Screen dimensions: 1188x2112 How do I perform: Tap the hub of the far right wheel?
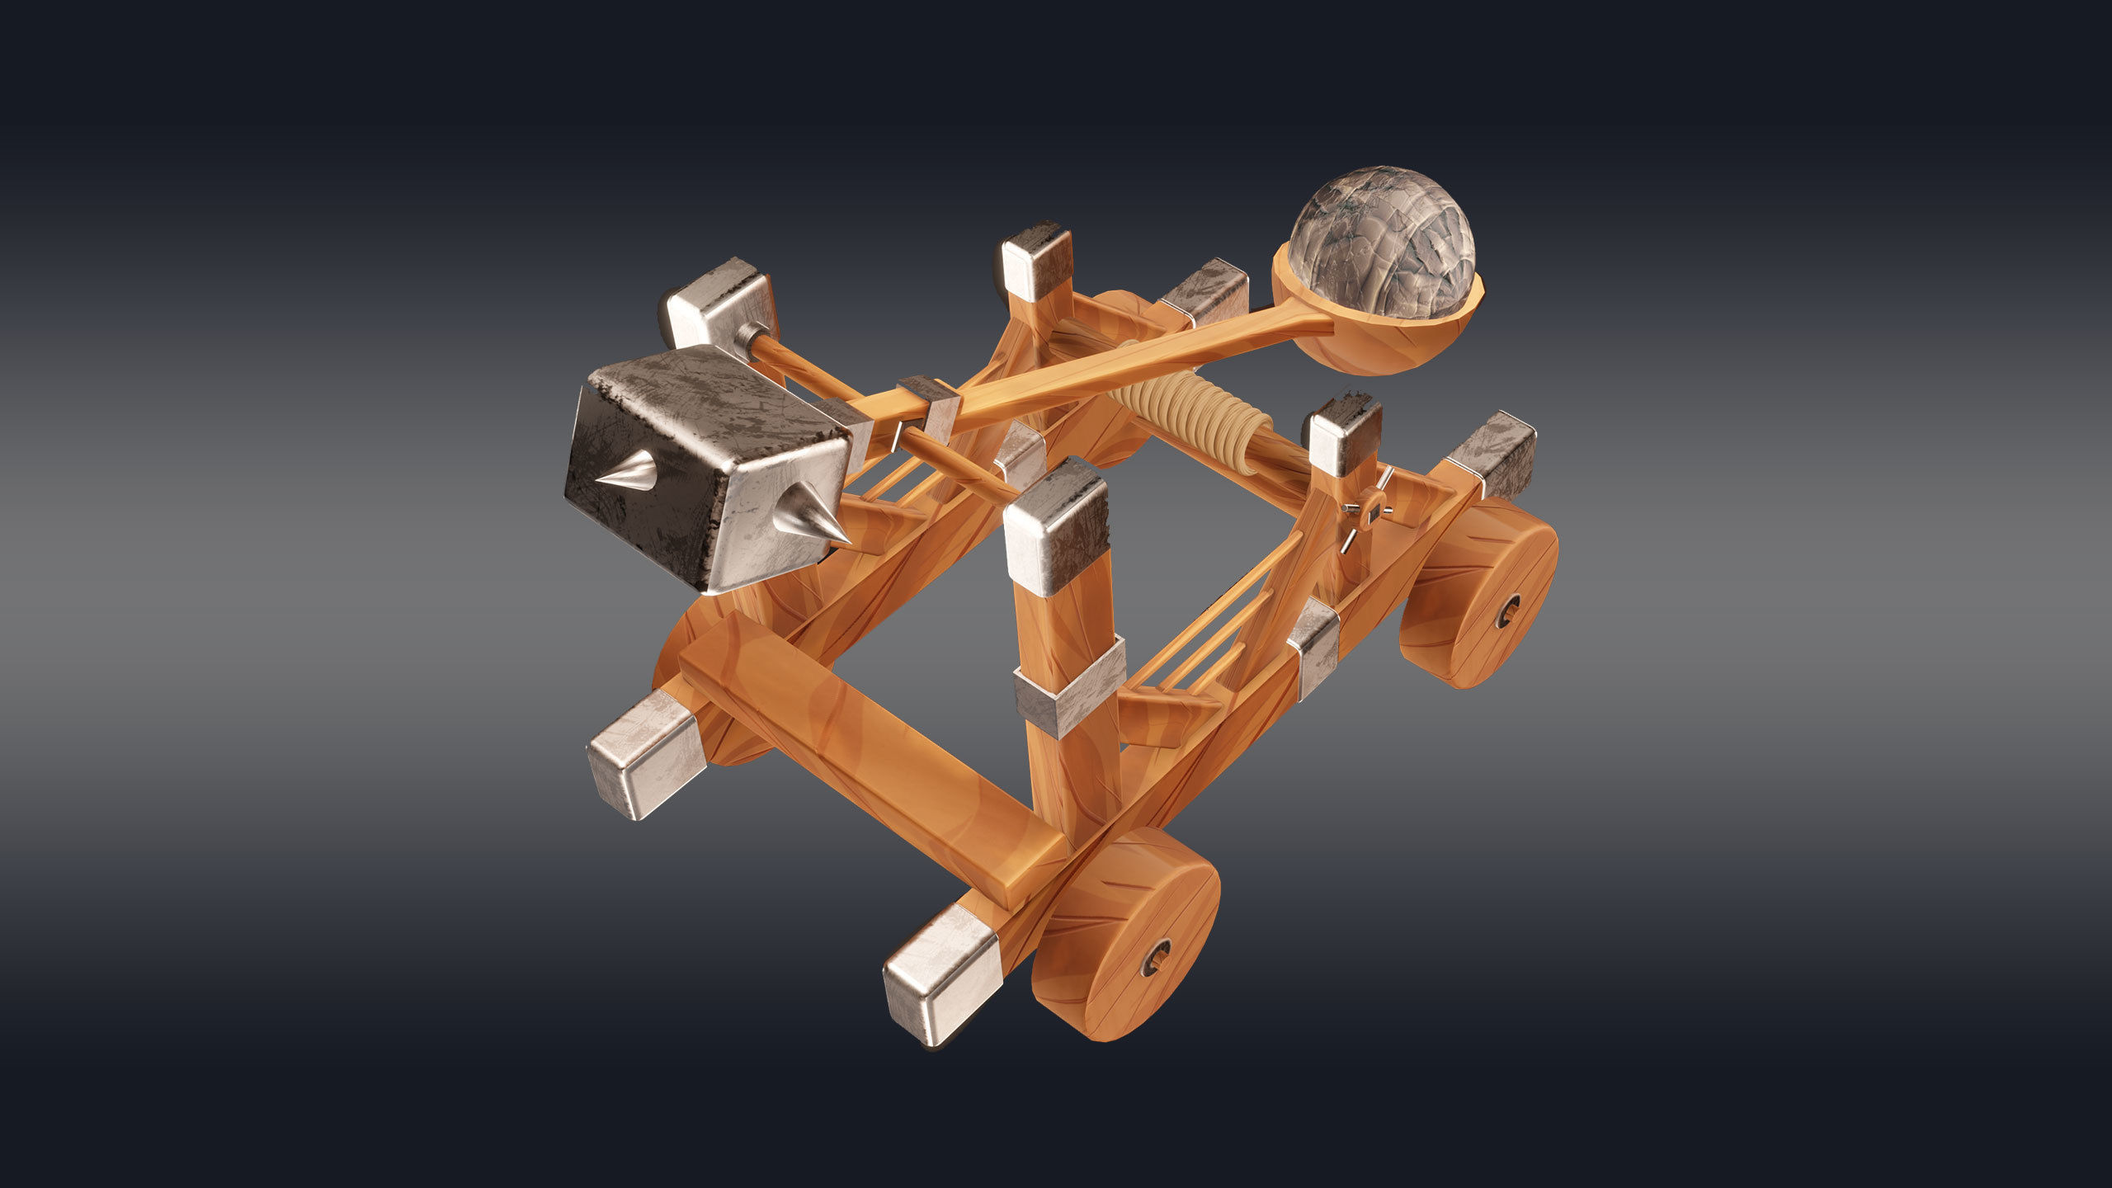pyautogui.click(x=1509, y=611)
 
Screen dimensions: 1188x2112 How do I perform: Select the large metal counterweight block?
pyautogui.click(x=709, y=466)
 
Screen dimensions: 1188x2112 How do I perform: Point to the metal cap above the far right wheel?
pyautogui.click(x=1493, y=454)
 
